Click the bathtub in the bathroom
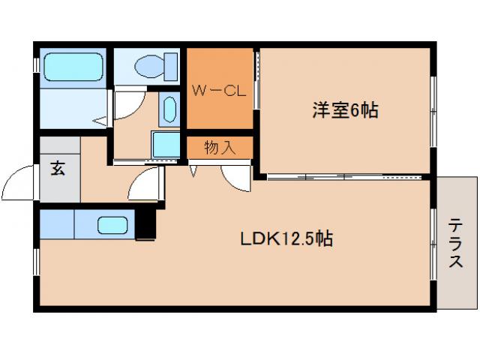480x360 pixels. [73, 67]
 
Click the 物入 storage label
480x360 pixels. [220, 148]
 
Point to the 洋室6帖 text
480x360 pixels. [345, 111]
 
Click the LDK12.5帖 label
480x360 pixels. [286, 240]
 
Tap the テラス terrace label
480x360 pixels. [456, 242]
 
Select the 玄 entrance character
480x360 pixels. [58, 167]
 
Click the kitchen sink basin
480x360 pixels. [112, 225]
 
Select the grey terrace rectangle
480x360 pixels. [457, 241]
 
